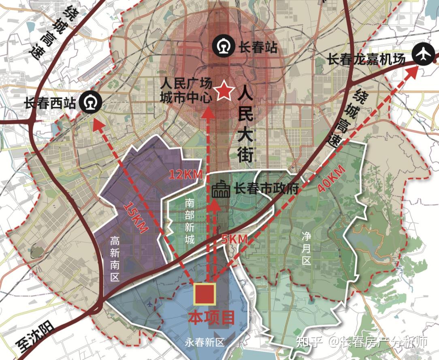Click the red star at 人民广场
coord(223,91)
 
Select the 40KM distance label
coord(331,178)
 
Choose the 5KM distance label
coord(234,239)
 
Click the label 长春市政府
coord(266,189)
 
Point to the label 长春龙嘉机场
coord(366,59)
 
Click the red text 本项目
coord(211,317)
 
